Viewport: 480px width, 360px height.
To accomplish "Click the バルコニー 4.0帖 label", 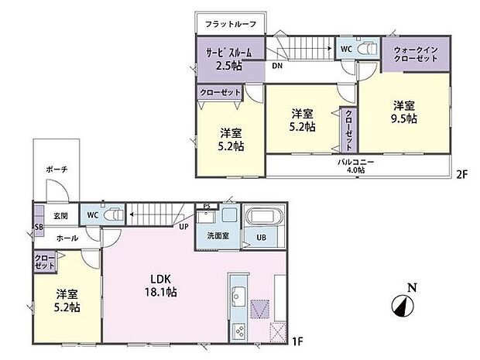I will point(355,166).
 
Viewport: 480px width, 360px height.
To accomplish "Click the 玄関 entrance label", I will point(61,215).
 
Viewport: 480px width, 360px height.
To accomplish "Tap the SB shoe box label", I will point(38,227).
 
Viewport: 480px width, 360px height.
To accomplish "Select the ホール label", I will point(67,238).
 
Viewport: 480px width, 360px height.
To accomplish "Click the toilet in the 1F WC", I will point(113,214).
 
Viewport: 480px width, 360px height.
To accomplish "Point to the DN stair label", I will point(276,67).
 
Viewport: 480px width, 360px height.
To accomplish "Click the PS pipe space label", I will point(207,205).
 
